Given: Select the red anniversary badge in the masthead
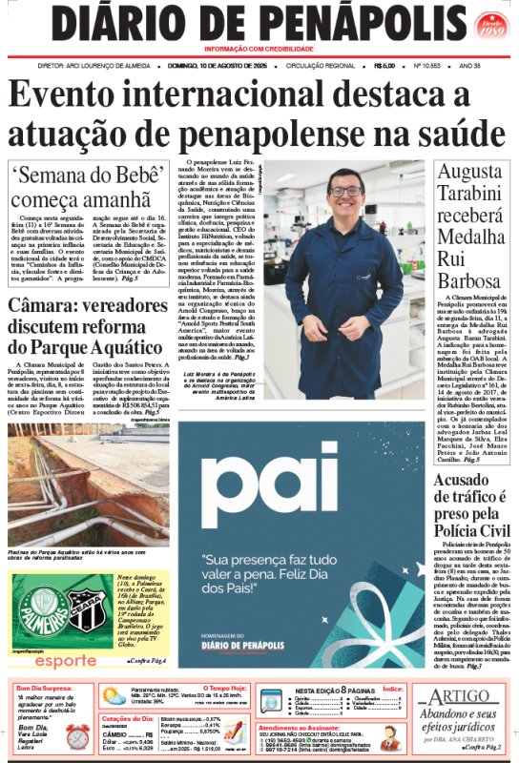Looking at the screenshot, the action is coord(490,26).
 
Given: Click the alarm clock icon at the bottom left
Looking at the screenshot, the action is coord(76,735).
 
